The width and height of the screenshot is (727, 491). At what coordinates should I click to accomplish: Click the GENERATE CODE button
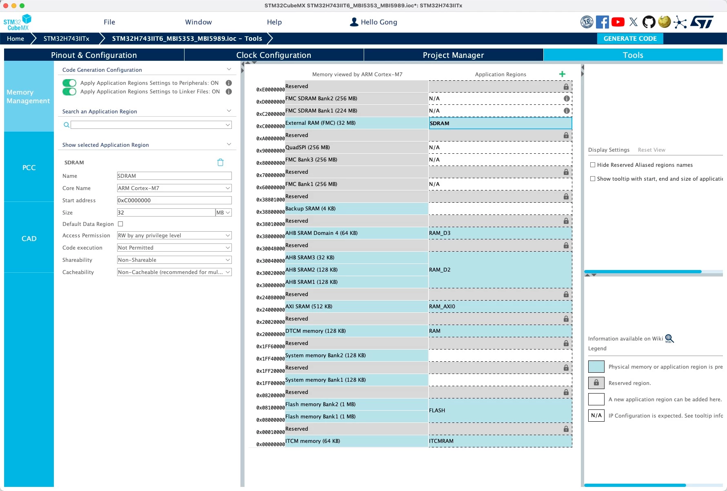tap(630, 38)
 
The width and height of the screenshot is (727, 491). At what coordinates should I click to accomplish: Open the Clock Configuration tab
tap(273, 55)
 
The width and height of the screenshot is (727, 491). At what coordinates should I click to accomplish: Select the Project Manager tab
tap(453, 55)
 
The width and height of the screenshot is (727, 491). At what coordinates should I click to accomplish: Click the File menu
tap(109, 22)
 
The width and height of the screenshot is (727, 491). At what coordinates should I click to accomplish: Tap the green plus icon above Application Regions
tap(562, 74)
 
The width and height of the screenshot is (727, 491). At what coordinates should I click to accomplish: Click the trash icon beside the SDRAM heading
tap(220, 162)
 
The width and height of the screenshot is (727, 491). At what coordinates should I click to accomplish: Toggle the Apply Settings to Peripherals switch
tap(69, 83)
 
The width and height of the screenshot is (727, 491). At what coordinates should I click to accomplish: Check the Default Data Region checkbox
tap(120, 224)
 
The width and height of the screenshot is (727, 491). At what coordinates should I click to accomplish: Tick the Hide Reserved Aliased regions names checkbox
tap(593, 165)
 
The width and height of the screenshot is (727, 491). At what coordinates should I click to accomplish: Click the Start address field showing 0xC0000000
tap(174, 200)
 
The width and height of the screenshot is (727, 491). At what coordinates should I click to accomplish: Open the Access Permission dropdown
tap(174, 235)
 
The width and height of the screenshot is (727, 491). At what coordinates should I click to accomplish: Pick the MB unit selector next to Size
tap(223, 212)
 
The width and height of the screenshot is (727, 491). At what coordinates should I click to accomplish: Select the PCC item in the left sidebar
tap(29, 168)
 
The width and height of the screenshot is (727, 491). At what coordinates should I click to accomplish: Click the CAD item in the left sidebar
tap(29, 239)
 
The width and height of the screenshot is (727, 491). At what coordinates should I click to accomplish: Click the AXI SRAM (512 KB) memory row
tap(356, 306)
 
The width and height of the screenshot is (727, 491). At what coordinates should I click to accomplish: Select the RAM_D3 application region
tap(500, 233)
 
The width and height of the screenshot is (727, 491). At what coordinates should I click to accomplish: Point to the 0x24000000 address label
tap(270, 310)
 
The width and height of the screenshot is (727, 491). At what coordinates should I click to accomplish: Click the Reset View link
tap(651, 150)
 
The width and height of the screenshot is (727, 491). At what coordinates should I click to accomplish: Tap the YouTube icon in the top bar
tap(618, 22)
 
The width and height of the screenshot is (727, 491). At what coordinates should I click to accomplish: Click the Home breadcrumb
tap(16, 38)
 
